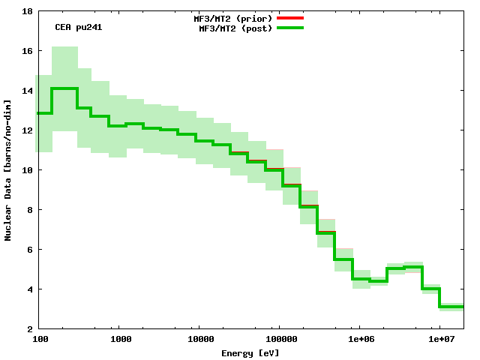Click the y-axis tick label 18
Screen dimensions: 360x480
[26, 11]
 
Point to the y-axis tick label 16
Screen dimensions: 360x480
[26, 51]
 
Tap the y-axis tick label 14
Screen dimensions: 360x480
[26, 91]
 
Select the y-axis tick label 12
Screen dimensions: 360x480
[26, 130]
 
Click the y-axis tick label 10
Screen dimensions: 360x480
[26, 170]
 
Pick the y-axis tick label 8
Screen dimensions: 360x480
[28, 210]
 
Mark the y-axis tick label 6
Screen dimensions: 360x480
[28, 250]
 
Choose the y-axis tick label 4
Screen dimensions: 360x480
[28, 289]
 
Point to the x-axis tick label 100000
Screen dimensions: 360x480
[278, 340]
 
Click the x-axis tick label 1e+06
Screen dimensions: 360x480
[359, 340]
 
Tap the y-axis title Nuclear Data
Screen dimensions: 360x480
[8, 170]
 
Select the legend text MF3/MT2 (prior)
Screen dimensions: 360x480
[233, 17]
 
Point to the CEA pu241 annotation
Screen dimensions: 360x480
[79, 27]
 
